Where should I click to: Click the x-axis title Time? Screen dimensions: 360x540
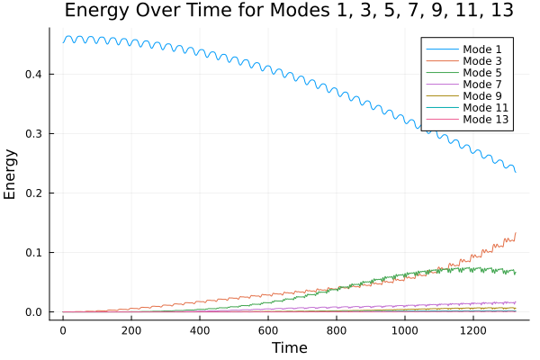pyautogui.click(x=289, y=348)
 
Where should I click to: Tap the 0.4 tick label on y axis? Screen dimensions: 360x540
pyautogui.click(x=32, y=74)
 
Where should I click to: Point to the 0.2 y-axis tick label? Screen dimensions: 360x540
pyautogui.click(x=32, y=193)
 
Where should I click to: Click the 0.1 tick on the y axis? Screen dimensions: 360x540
pyautogui.click(x=32, y=253)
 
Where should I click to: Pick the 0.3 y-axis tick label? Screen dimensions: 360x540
pyautogui.click(x=32, y=133)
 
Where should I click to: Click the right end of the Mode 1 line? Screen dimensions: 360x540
pyautogui.click(x=516, y=172)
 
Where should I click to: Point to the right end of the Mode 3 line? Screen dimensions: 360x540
pyautogui.click(x=516, y=233)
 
